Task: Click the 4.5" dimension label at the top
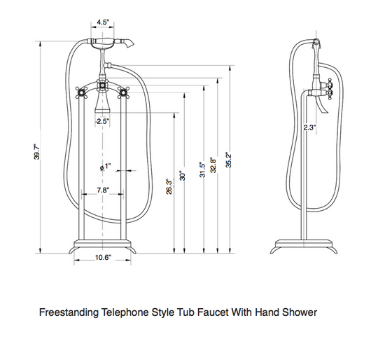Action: [102, 22]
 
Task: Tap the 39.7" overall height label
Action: [36, 152]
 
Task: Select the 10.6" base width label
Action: [103, 258]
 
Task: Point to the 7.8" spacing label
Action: [103, 191]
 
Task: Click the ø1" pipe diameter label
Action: [105, 167]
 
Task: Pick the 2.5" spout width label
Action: [102, 121]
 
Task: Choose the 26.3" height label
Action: [169, 186]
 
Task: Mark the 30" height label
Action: [183, 176]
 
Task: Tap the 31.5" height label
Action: [202, 169]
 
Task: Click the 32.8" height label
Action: [213, 165]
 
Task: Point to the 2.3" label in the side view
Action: [309, 127]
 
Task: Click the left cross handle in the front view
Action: [81, 93]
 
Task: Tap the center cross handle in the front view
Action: [102, 85]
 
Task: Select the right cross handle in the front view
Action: [123, 93]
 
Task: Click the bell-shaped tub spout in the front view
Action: [102, 102]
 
